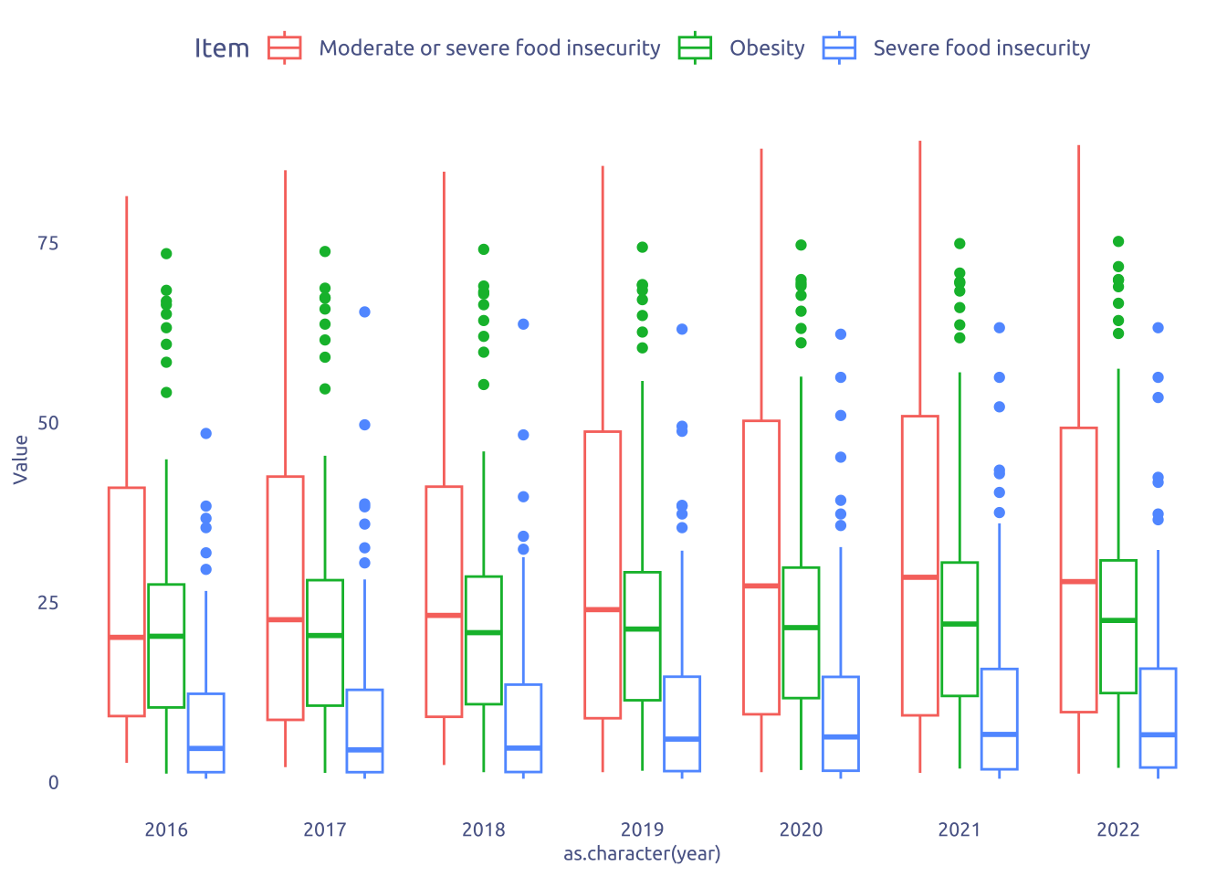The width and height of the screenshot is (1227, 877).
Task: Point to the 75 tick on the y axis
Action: pyautogui.click(x=47, y=243)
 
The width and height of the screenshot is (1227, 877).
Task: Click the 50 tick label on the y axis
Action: pyautogui.click(x=47, y=423)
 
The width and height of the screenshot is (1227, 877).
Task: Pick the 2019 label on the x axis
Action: pyautogui.click(x=642, y=829)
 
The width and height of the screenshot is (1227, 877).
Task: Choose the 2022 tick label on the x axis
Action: pyautogui.click(x=1118, y=829)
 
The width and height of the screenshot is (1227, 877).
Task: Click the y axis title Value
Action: pyautogui.click(x=21, y=459)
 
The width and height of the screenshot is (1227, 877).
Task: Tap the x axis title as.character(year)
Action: pyautogui.click(x=642, y=854)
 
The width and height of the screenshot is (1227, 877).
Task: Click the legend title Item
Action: pyautogui.click(x=222, y=48)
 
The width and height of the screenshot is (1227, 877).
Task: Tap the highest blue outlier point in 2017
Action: pyautogui.click(x=364, y=312)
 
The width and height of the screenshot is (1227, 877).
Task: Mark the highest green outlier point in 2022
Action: pyautogui.click(x=1118, y=241)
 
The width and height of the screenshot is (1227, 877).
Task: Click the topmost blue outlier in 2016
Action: pyautogui.click(x=206, y=433)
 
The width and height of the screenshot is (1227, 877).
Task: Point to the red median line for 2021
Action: pyautogui.click(x=920, y=577)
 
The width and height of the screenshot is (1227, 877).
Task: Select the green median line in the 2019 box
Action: pyautogui.click(x=642, y=629)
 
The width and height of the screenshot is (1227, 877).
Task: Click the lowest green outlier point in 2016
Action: pyautogui.click(x=166, y=393)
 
